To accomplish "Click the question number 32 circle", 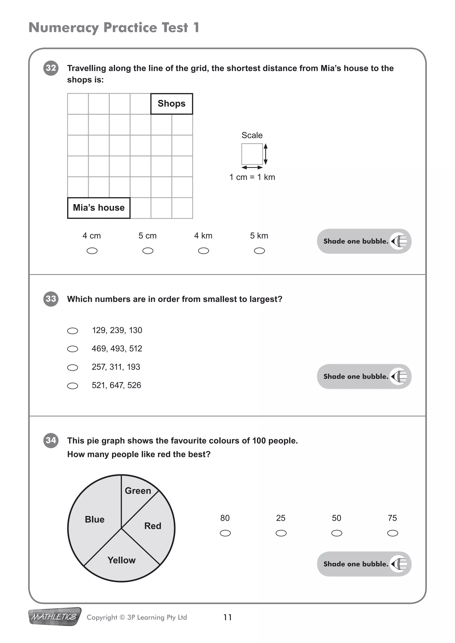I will coord(51,68).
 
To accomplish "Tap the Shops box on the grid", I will coord(172,104).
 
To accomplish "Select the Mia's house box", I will coord(99,208).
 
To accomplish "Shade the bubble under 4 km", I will coord(204,251).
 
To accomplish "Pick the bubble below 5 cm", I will coord(148,251).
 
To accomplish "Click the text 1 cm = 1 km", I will coord(252,177).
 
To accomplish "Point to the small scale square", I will coord(252,154).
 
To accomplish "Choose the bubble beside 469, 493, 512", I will coord(73,349).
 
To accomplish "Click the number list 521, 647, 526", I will coord(116,385).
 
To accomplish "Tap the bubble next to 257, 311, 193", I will coord(73,367).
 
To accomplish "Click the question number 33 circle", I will coord(51,299).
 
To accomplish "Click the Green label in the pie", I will coord(138,491).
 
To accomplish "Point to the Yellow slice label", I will coord(121,560).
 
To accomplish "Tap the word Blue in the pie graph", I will coord(95,520).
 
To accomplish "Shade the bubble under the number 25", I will coord(281,533).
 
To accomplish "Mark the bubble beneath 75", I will coord(393,533).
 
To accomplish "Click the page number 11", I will coord(227,617).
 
